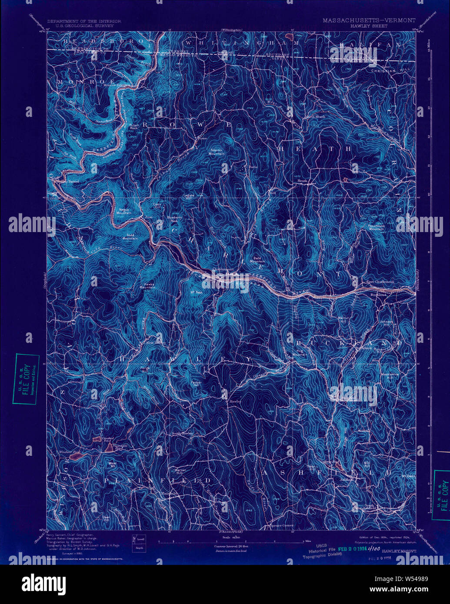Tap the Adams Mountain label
tap(217, 152)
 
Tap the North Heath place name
tap(315, 116)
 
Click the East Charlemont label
tap(380, 282)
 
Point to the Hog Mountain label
tap(299, 353)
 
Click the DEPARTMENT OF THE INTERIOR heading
tap(84, 21)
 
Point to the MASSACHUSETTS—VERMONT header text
tap(369, 20)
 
